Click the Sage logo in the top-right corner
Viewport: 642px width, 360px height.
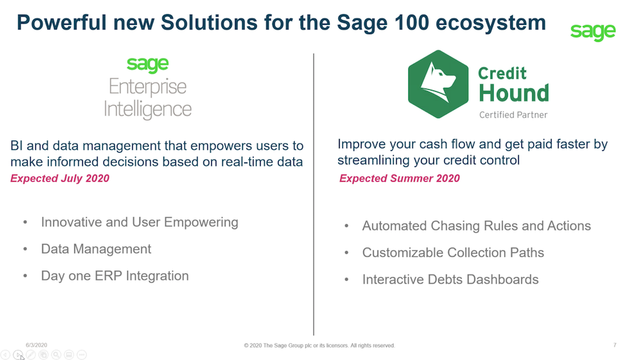pyautogui.click(x=593, y=31)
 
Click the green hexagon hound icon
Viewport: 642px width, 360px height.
pyautogui.click(x=438, y=84)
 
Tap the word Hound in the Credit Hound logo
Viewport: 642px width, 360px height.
pyautogui.click(x=514, y=93)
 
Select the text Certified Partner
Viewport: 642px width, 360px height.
pyautogui.click(x=514, y=115)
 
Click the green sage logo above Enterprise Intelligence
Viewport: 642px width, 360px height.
pyautogui.click(x=148, y=65)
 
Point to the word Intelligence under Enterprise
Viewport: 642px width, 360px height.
pyautogui.click(x=148, y=110)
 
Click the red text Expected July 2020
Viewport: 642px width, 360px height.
pyautogui.click(x=60, y=178)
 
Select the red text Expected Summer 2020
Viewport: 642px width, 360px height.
pyautogui.click(x=399, y=178)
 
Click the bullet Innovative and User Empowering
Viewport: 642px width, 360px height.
pyautogui.click(x=139, y=222)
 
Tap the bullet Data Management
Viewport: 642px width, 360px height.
pyautogui.click(x=96, y=249)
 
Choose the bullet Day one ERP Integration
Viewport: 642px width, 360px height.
pyautogui.click(x=115, y=276)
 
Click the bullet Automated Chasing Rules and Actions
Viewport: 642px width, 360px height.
pyautogui.click(x=476, y=226)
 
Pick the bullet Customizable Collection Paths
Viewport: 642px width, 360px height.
pyautogui.click(x=453, y=252)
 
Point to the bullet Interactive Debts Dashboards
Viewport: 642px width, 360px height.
pyautogui.click(x=451, y=279)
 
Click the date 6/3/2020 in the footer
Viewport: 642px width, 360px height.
pyautogui.click(x=37, y=345)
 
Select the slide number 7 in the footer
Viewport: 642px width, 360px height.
pyautogui.click(x=614, y=345)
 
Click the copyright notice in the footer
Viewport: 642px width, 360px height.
pyautogui.click(x=319, y=346)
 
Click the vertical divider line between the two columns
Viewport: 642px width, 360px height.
pyautogui.click(x=314, y=194)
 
